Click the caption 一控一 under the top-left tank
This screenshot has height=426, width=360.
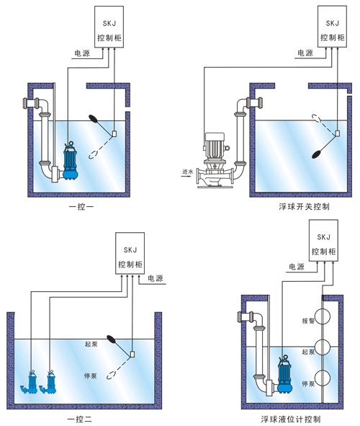tap(81, 207)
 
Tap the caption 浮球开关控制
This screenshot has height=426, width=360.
tap(304, 207)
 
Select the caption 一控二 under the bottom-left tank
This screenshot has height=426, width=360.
tap(80, 420)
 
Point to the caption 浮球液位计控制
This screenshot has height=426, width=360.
tap(291, 420)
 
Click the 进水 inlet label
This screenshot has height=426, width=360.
tap(187, 172)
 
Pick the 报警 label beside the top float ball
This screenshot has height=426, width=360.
tap(308, 321)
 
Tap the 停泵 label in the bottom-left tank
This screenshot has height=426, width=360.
tap(91, 376)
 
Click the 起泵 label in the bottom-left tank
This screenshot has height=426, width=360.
tap(91, 344)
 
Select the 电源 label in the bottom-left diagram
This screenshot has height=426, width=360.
tap(156, 278)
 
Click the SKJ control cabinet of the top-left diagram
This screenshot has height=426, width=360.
tap(109, 27)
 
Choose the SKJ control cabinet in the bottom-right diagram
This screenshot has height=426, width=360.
tap(324, 241)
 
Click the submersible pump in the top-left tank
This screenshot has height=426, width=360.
tap(71, 161)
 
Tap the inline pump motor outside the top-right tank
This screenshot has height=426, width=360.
tap(215, 146)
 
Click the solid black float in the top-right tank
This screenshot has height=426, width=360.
tap(318, 154)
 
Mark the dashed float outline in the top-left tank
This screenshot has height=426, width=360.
tap(94, 154)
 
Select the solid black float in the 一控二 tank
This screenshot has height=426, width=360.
tap(112, 339)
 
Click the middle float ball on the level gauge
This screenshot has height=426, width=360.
tap(322, 347)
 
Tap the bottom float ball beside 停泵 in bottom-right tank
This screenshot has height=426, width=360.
tap(322, 378)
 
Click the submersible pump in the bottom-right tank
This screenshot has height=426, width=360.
tap(285, 374)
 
